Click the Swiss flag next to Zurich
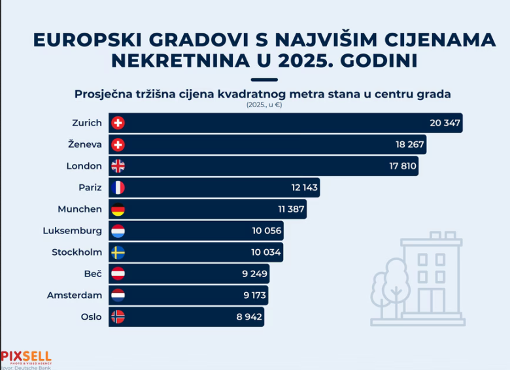click(x=118, y=123)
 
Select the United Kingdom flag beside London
click(x=118, y=166)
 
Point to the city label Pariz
click(x=90, y=188)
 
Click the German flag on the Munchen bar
click(x=118, y=209)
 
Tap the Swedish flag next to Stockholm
click(x=118, y=252)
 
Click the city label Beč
click(x=93, y=274)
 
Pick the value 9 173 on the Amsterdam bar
click(x=255, y=295)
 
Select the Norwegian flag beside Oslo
click(x=118, y=317)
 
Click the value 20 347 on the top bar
click(x=445, y=123)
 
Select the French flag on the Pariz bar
click(x=118, y=188)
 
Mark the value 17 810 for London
click(x=402, y=166)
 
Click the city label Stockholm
click(x=76, y=252)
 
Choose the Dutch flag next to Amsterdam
click(x=118, y=295)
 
